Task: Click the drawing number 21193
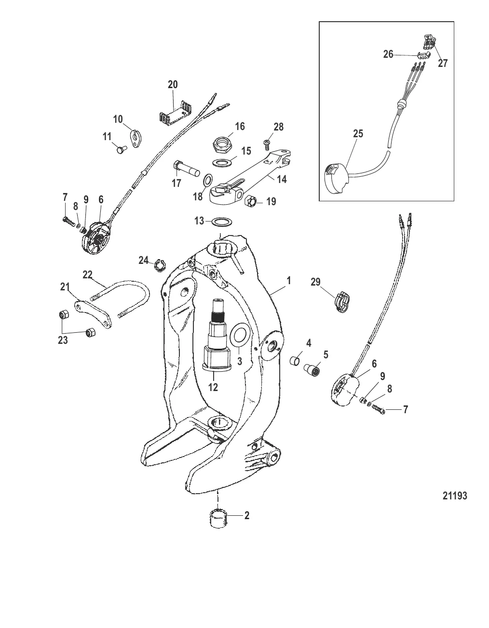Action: pos(455,496)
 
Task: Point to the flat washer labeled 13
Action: pos(220,222)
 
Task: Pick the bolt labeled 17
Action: pos(187,170)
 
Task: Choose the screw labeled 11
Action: pos(120,150)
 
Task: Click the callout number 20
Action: pos(172,84)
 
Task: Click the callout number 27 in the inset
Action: pos(443,63)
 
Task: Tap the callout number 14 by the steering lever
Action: pos(281,179)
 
